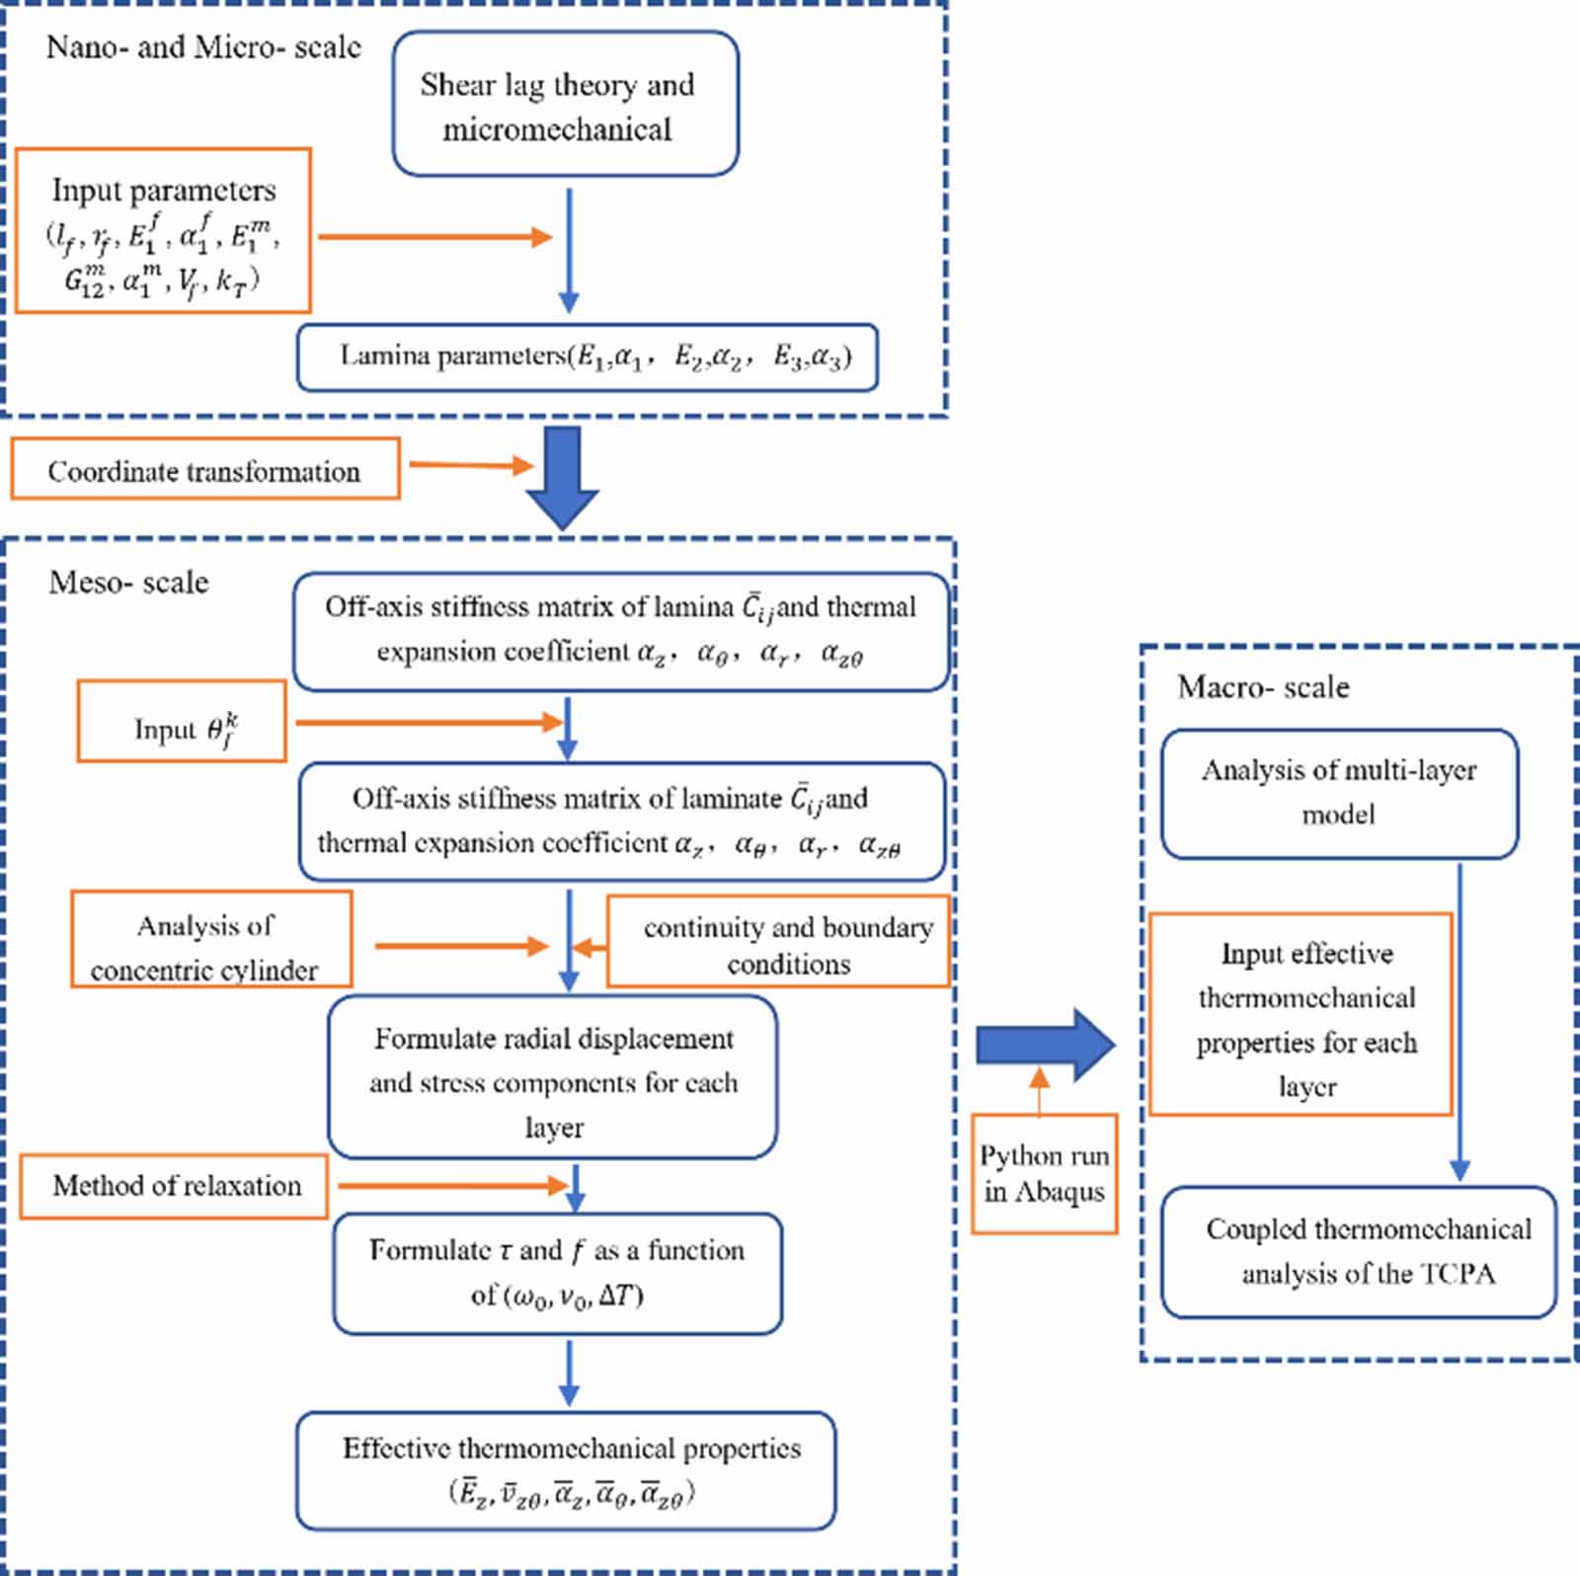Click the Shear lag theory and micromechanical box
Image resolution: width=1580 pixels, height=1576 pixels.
[565, 105]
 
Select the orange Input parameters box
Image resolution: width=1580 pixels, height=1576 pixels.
[163, 231]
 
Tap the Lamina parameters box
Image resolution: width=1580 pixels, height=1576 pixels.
[588, 357]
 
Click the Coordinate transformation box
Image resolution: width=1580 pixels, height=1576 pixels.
[205, 469]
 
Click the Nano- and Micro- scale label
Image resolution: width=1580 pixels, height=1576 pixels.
[203, 47]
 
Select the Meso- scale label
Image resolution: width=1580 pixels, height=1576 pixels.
[128, 583]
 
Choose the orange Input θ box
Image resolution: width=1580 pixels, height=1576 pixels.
[182, 722]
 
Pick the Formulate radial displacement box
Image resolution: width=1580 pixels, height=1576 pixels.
[553, 1077]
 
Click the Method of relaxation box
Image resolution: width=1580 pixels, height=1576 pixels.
[174, 1186]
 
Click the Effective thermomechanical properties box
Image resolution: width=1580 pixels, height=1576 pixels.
[566, 1470]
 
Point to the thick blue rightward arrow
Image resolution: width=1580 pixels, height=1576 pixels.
[1045, 1044]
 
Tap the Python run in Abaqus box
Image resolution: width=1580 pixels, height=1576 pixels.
[1044, 1174]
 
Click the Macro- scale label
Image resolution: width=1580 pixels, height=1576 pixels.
[1262, 687]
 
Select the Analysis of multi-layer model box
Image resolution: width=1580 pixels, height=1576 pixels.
[1338, 793]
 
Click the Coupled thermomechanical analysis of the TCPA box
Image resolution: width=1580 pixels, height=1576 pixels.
[1359, 1252]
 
